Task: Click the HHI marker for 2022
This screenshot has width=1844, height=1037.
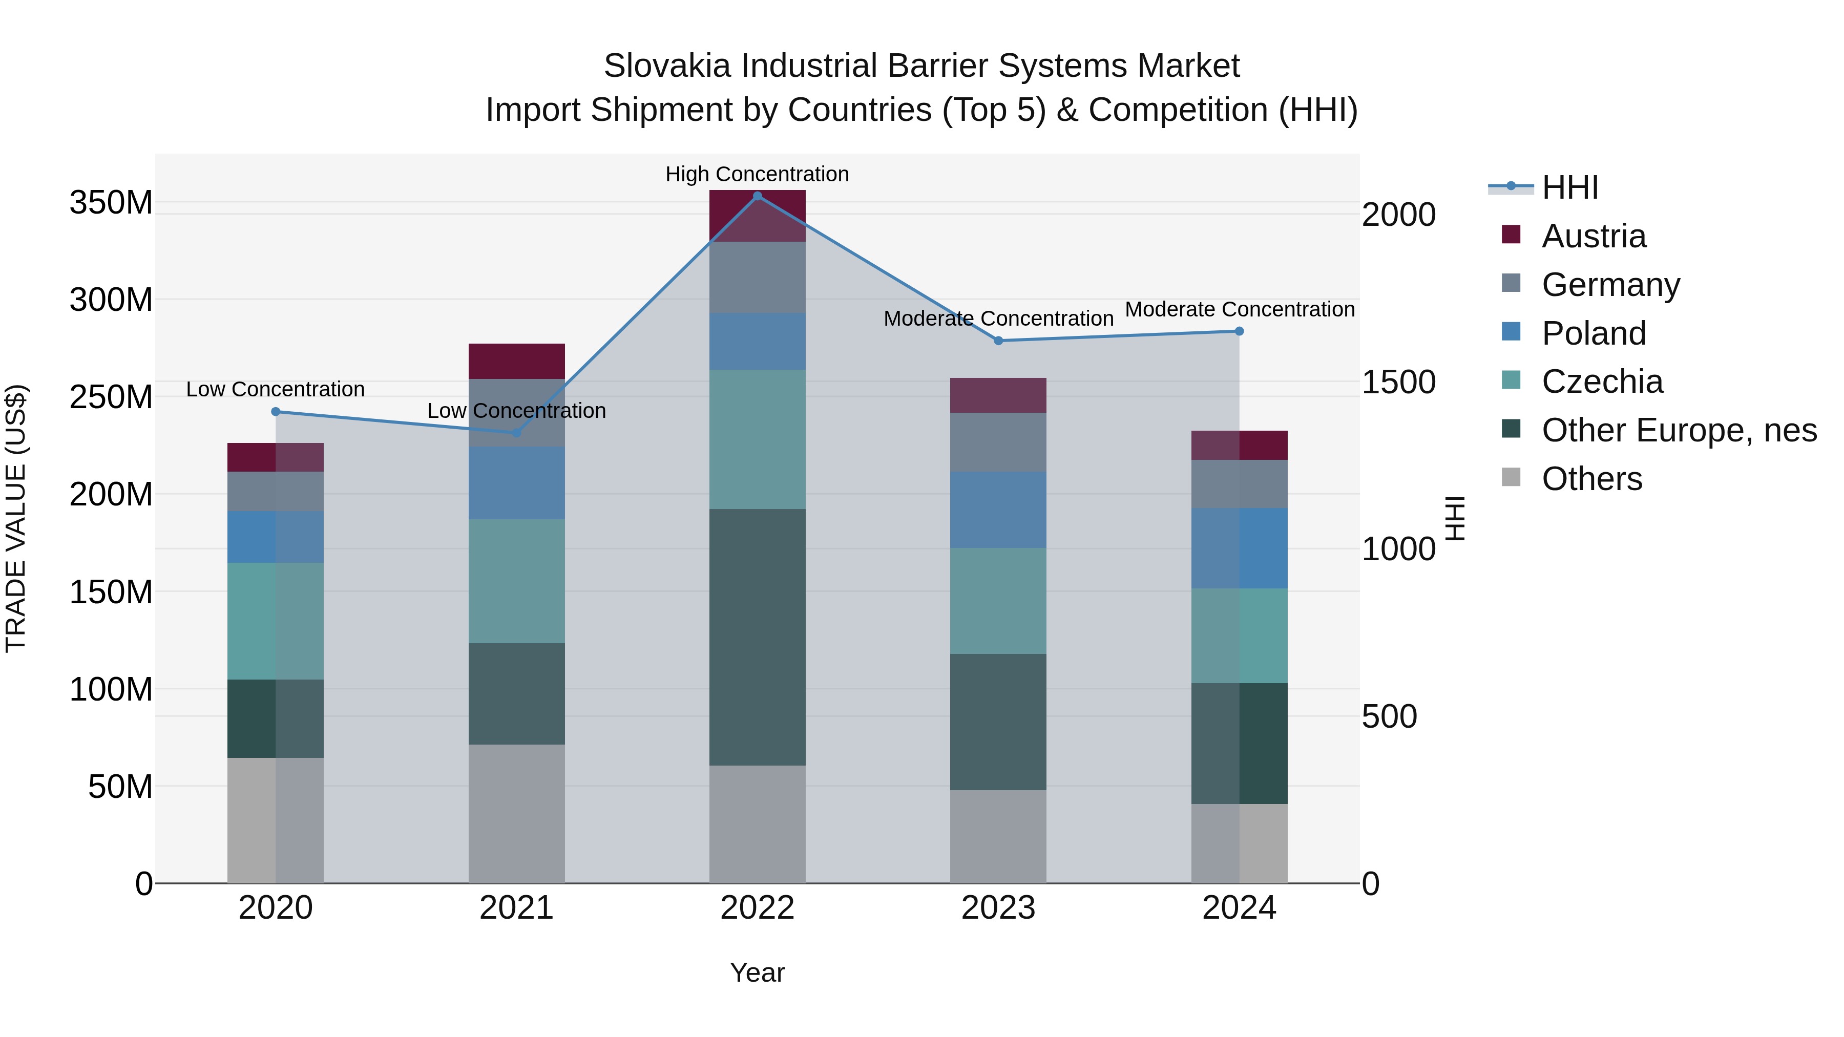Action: (x=758, y=196)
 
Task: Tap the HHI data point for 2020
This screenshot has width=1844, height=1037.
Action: (x=276, y=412)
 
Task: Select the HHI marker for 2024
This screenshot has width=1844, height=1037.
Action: (x=1239, y=331)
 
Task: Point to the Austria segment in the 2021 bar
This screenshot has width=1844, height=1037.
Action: (x=516, y=362)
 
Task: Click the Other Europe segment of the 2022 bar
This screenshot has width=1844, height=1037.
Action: (x=758, y=637)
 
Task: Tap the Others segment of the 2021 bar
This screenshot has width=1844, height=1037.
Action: (x=516, y=814)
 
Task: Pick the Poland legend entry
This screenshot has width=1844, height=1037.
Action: (x=1594, y=333)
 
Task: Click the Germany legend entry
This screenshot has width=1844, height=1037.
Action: (x=1610, y=285)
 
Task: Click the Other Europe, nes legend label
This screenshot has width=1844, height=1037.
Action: (x=1679, y=431)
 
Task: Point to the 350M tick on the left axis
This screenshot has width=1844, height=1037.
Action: (x=111, y=202)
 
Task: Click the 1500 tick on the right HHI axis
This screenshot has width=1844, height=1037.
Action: (x=1398, y=382)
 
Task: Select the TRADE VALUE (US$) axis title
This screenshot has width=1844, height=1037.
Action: (x=16, y=518)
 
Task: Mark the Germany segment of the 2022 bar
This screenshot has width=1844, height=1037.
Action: (x=758, y=277)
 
